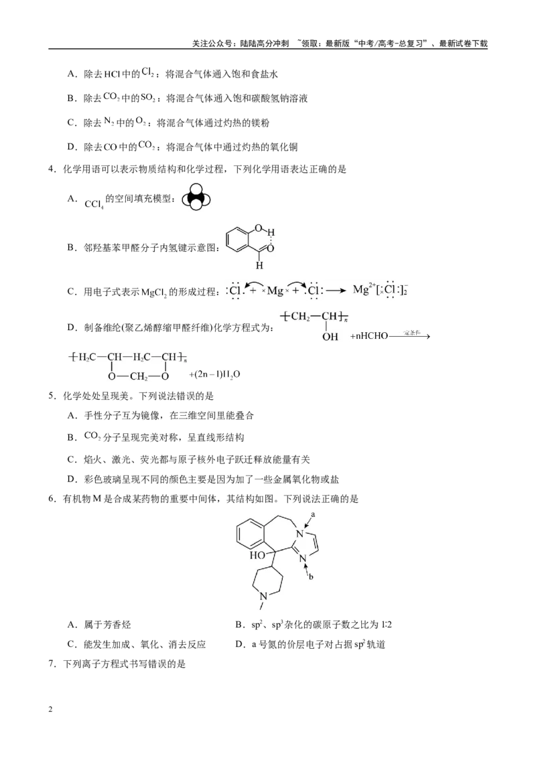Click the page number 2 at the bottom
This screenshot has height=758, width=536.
click(51, 709)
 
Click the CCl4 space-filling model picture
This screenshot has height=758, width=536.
click(196, 198)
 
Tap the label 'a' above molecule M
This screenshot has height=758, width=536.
click(313, 514)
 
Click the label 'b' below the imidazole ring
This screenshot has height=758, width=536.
click(311, 577)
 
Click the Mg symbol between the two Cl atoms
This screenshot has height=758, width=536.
click(275, 291)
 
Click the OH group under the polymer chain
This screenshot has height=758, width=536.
click(330, 336)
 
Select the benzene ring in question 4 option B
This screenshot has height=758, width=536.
click(238, 240)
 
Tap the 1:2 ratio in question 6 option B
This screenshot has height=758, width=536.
click(387, 625)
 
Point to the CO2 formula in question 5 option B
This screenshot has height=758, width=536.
click(92, 436)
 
